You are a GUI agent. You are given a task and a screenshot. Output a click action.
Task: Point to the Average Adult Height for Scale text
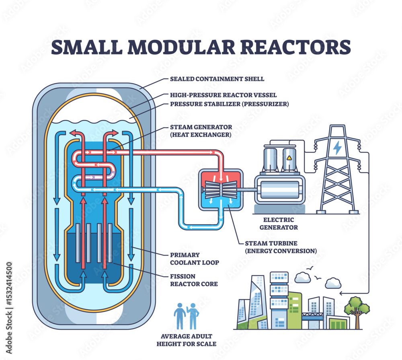click(187, 340)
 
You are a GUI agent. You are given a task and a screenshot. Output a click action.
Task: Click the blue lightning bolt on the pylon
click(337, 148)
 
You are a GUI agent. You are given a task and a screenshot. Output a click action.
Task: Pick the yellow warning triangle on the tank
click(288, 158)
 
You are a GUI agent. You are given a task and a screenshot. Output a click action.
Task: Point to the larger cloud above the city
click(302, 277)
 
